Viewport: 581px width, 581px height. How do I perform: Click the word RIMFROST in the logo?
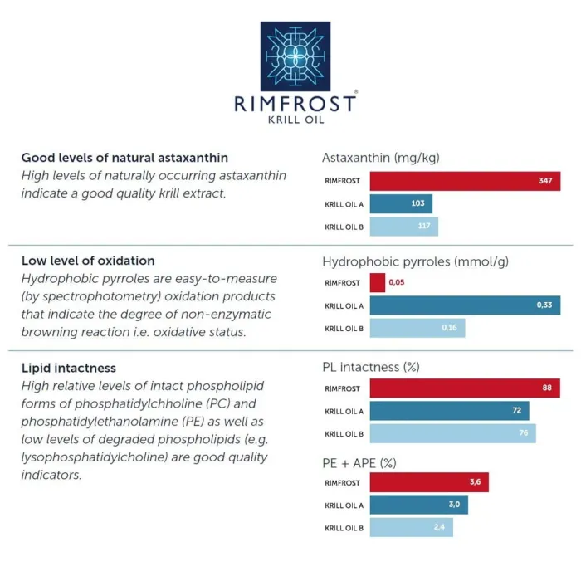click(x=296, y=103)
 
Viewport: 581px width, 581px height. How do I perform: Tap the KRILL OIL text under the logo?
click(x=296, y=120)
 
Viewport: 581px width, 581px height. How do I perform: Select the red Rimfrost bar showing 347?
click(x=465, y=181)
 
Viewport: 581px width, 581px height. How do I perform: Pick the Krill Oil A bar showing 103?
click(x=401, y=203)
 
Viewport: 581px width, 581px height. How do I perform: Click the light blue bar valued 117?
click(x=403, y=227)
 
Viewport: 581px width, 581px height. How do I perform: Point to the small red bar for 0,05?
click(x=378, y=283)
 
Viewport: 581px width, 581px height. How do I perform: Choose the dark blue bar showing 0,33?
click(x=465, y=305)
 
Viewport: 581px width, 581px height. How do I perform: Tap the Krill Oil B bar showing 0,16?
click(x=417, y=328)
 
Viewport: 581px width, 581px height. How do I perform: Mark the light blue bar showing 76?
click(x=452, y=433)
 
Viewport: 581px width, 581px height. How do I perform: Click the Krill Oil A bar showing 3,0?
click(x=418, y=505)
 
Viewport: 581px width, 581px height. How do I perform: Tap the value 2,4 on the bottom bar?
click(x=440, y=527)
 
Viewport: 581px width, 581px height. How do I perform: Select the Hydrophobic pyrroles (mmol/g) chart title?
click(x=415, y=261)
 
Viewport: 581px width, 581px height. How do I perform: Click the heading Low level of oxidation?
click(x=88, y=261)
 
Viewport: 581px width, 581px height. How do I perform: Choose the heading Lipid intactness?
click(x=69, y=368)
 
